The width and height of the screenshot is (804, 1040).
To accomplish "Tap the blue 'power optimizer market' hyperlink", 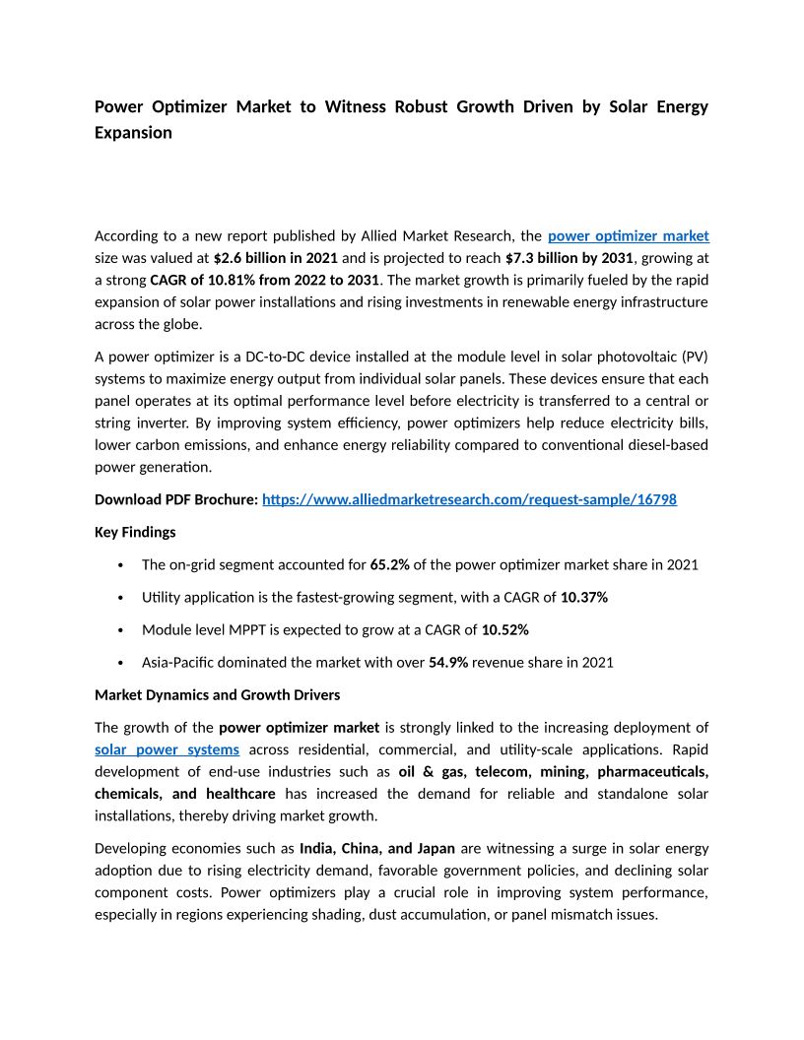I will tap(628, 236).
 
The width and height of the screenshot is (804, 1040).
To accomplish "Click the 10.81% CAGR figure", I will tap(234, 280).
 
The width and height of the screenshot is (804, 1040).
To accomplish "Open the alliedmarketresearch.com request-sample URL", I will tap(469, 499).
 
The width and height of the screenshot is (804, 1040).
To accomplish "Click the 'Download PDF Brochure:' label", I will tap(176, 499).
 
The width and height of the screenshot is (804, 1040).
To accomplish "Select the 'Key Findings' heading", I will tap(135, 532).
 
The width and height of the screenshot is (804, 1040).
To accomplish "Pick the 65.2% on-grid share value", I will tap(389, 564).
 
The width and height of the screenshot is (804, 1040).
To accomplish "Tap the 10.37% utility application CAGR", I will tap(583, 597).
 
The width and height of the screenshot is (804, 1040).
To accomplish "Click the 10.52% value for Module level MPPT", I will tap(505, 629).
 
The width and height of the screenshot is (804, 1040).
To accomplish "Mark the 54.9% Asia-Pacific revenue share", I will tap(448, 662).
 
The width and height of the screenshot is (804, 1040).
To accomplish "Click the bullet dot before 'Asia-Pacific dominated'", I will tap(120, 663).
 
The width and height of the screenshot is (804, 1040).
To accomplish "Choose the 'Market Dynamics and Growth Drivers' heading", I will tap(217, 695).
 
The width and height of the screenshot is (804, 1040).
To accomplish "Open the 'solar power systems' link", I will tap(167, 749).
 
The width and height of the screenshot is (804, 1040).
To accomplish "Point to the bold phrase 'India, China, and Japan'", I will tap(377, 848).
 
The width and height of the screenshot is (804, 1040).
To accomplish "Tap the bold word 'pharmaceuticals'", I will tap(652, 771).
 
